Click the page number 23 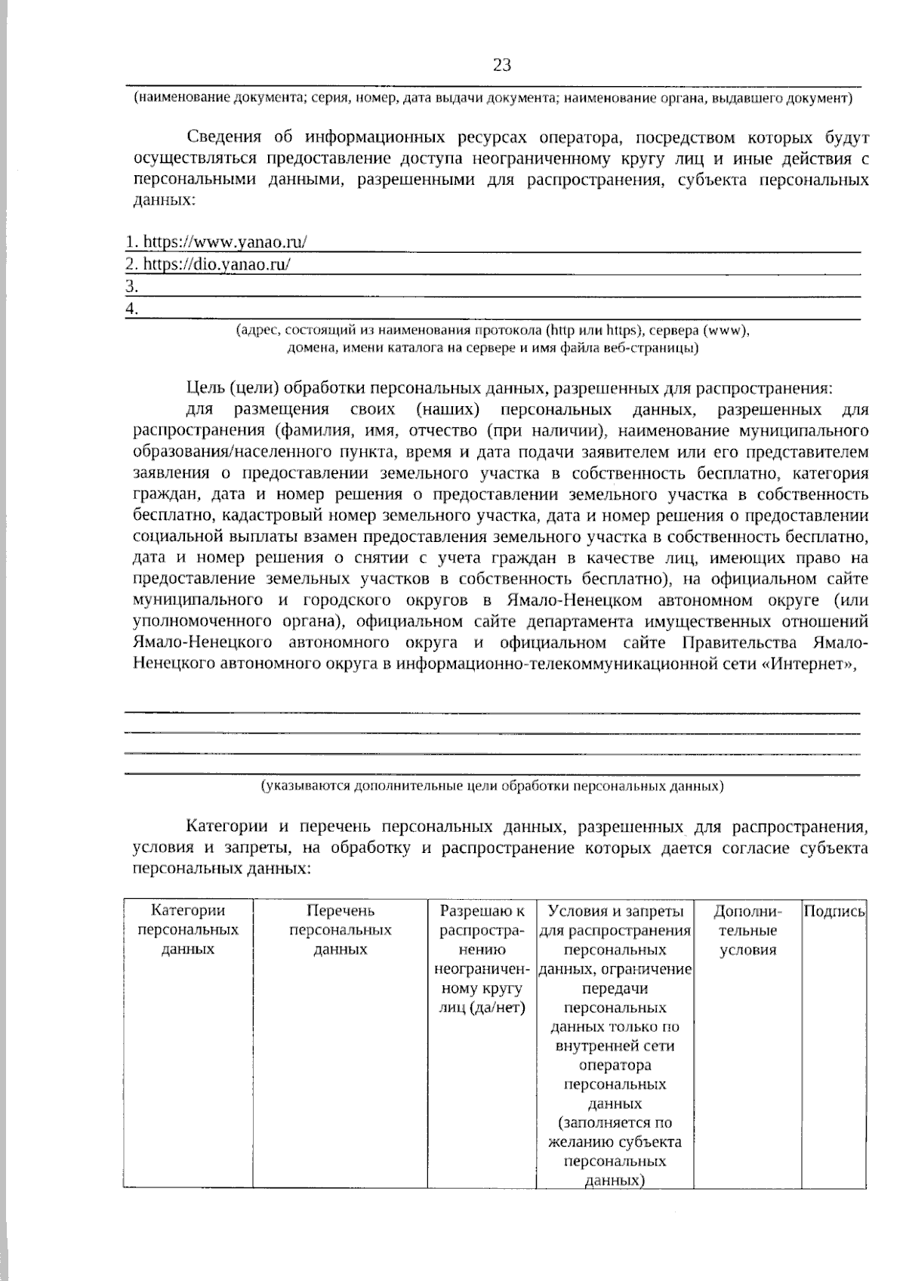(502, 66)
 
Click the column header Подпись (834, 912)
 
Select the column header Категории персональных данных (188, 930)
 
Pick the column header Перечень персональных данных (340, 930)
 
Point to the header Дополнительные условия (747, 930)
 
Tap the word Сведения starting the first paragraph (223, 138)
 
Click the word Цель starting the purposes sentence (204, 388)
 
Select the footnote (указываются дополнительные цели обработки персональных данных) (492, 786)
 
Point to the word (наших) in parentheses (448, 410)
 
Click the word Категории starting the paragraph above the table (223, 827)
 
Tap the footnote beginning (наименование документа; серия (492, 98)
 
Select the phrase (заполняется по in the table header (615, 1123)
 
